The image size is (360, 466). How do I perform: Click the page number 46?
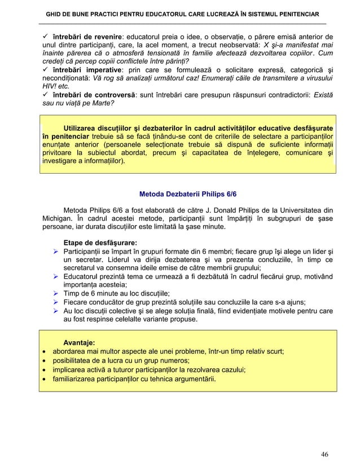[324, 454]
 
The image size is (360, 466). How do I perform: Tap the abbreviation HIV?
[50, 86]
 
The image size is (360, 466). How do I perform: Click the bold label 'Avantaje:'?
[79, 342]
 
